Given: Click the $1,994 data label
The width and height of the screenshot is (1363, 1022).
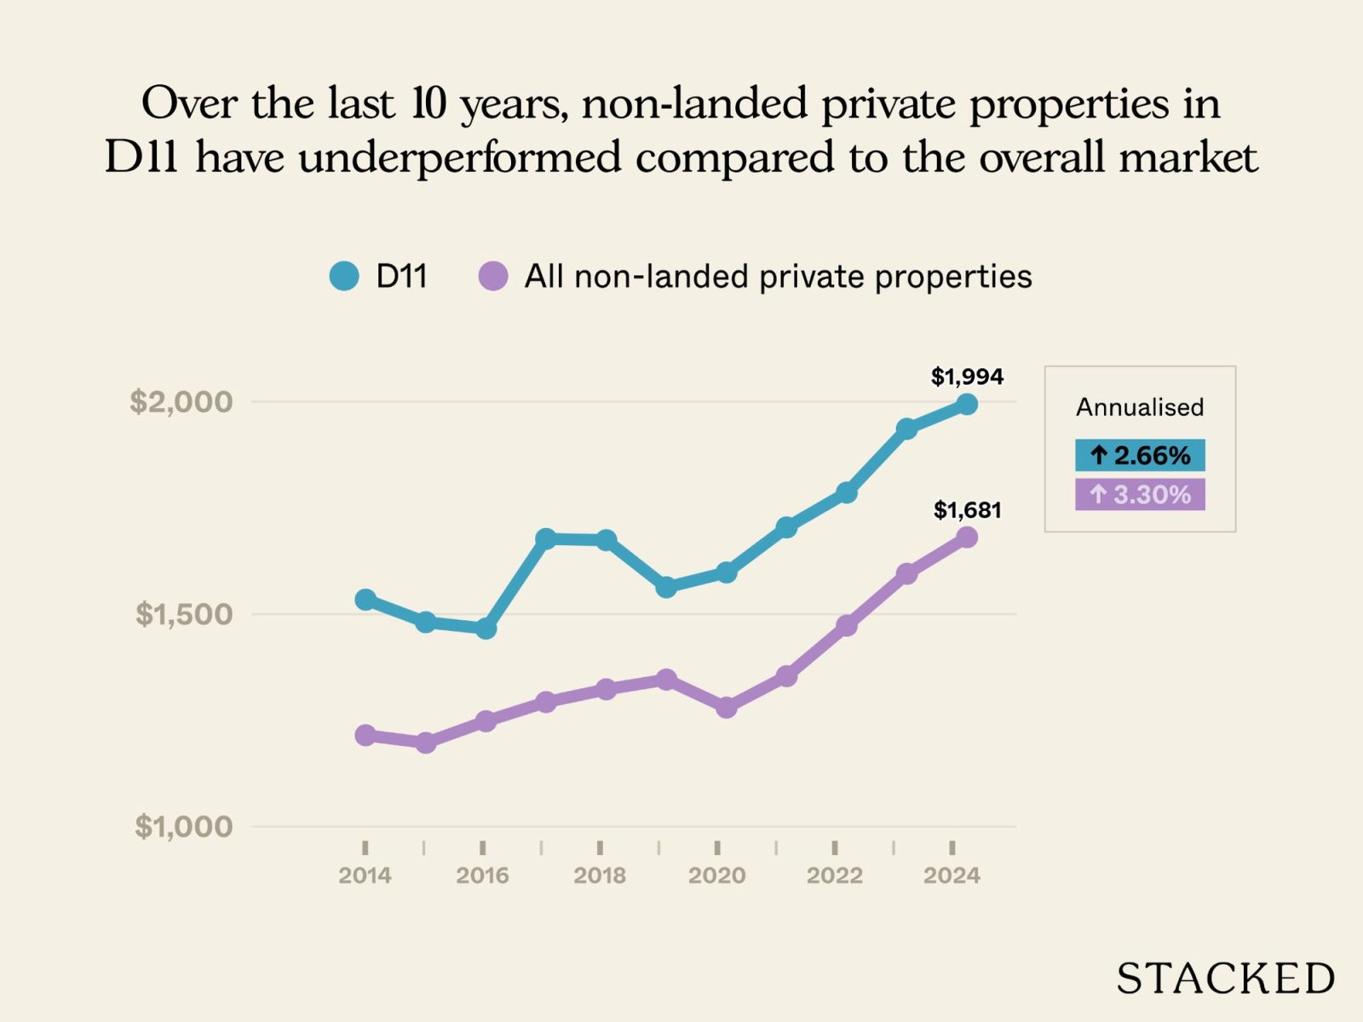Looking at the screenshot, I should pos(967,376).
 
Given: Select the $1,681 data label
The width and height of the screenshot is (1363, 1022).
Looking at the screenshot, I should pos(967,510).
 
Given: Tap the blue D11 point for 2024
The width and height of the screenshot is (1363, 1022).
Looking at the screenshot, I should pos(967,405).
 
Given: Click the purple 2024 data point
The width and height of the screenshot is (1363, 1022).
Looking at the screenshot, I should pos(967,537).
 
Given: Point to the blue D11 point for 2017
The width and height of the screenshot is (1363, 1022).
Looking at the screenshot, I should pos(546,538).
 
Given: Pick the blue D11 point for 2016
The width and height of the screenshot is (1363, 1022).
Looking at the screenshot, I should pos(486,629).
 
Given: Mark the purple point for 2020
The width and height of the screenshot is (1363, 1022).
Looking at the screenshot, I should pos(726,707).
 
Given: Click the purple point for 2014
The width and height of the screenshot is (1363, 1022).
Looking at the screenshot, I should pos(365,735).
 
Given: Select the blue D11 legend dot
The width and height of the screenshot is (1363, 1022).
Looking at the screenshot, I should pos(344,276).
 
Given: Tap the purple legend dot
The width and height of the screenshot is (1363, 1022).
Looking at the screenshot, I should pos(493,276).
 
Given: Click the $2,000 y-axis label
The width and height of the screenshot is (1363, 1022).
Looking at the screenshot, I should pos(181,401).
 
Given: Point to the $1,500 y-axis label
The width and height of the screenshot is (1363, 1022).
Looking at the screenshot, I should pos(183,613).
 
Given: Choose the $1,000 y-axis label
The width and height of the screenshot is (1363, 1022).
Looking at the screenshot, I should pos(183,826).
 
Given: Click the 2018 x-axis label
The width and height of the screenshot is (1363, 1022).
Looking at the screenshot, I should pos(600,876).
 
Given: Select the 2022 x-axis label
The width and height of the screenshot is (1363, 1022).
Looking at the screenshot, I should pos(835,876).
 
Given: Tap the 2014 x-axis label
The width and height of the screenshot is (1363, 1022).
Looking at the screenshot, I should pos(365,876).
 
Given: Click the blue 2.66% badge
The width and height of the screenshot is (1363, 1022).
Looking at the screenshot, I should pos(1140,456).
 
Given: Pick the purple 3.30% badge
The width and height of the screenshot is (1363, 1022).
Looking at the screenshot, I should pos(1140,495).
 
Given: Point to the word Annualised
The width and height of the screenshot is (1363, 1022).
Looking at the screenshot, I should pos(1140,407).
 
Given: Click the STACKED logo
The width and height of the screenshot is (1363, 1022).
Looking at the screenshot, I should pos(1225,979).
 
